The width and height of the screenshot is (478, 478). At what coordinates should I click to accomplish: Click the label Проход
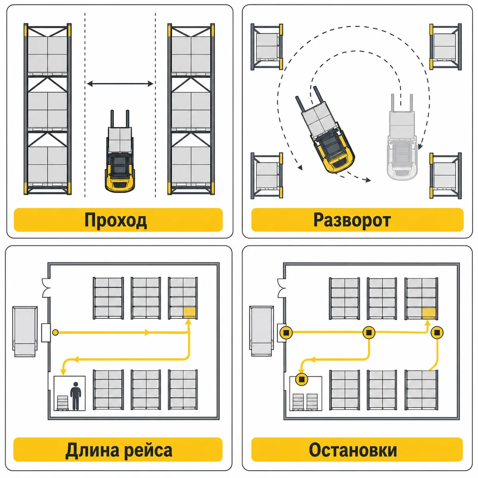tap(116, 220)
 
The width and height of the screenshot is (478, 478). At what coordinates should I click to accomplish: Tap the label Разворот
tap(352, 220)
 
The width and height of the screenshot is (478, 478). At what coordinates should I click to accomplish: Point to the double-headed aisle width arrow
tap(120, 84)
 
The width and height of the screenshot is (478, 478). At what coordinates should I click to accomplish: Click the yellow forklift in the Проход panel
tap(120, 151)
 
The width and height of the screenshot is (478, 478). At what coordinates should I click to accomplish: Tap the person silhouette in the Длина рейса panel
tap(76, 396)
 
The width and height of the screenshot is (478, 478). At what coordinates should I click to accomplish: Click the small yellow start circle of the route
tap(55, 332)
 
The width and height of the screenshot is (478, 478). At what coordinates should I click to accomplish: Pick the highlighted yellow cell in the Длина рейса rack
tap(189, 312)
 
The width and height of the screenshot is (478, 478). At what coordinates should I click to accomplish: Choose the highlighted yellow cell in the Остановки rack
tap(429, 313)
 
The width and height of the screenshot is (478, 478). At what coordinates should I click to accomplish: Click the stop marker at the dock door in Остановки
tap(286, 332)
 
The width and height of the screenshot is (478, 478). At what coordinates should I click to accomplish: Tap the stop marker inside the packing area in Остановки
tap(302, 379)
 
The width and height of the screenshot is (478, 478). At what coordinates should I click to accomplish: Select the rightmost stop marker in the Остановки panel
tap(437, 332)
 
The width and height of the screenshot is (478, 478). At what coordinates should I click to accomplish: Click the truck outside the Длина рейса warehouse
tap(25, 331)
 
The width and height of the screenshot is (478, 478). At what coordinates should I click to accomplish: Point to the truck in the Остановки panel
tap(262, 331)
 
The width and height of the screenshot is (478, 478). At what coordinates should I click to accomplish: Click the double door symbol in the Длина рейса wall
tap(46, 288)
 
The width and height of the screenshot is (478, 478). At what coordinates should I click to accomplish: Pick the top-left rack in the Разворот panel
tap(267, 47)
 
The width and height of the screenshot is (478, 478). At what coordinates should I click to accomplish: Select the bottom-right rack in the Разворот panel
tap(445, 176)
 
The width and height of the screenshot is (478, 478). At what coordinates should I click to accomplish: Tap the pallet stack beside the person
tap(62, 403)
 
